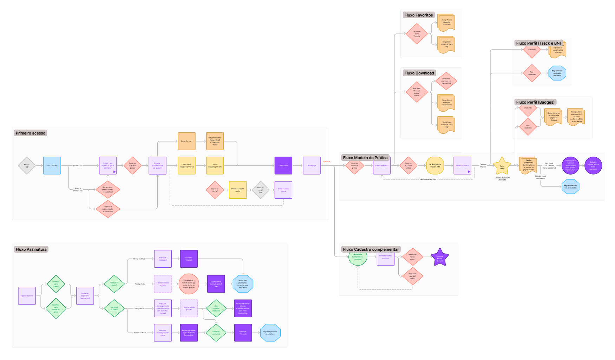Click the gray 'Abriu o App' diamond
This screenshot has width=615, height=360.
point(27,165)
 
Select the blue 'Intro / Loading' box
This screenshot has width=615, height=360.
point(52,165)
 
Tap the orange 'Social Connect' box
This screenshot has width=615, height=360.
point(187,141)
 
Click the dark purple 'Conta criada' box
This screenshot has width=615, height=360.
point(283,165)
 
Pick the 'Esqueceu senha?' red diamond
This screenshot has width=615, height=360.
point(215,190)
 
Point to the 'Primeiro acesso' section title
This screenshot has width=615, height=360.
point(31,133)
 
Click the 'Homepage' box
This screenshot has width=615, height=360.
point(312,165)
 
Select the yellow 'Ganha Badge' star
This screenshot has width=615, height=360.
point(502,166)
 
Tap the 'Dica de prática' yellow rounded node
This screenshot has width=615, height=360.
point(435,165)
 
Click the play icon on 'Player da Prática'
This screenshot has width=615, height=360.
point(469,172)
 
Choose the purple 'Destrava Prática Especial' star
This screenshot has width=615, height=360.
point(440,258)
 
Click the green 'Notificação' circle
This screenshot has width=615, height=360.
point(358,258)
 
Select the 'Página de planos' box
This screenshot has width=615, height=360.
point(27,296)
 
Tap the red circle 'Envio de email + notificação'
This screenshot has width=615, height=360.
point(189,284)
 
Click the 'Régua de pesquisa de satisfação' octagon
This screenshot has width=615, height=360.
point(270,333)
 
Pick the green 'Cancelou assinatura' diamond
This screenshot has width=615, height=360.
point(216,333)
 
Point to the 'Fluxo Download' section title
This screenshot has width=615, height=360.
point(419,73)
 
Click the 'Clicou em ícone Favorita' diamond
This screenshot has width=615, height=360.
point(417,34)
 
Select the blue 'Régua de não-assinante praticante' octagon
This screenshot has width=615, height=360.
point(557,73)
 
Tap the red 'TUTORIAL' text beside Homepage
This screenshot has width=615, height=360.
point(327,162)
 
